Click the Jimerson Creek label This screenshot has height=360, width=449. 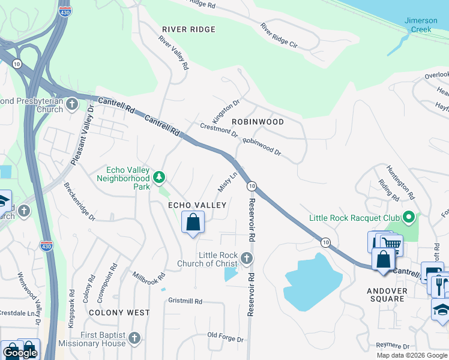point(421,25)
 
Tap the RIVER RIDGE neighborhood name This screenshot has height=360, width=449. point(188,29)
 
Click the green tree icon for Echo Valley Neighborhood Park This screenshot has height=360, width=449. point(159,177)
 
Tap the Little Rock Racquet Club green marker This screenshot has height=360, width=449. point(409,217)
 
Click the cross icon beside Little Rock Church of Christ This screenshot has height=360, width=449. point(246,259)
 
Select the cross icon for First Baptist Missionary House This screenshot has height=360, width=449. point(134,338)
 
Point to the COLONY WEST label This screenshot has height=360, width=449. point(119,313)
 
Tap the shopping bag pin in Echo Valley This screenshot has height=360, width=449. point(193,223)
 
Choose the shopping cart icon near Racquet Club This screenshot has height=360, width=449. point(391,243)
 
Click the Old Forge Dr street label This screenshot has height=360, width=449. point(226,337)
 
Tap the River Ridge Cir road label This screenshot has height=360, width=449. point(279,37)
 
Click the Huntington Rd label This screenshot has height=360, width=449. point(400,182)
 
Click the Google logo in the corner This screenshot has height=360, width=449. point(20,353)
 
